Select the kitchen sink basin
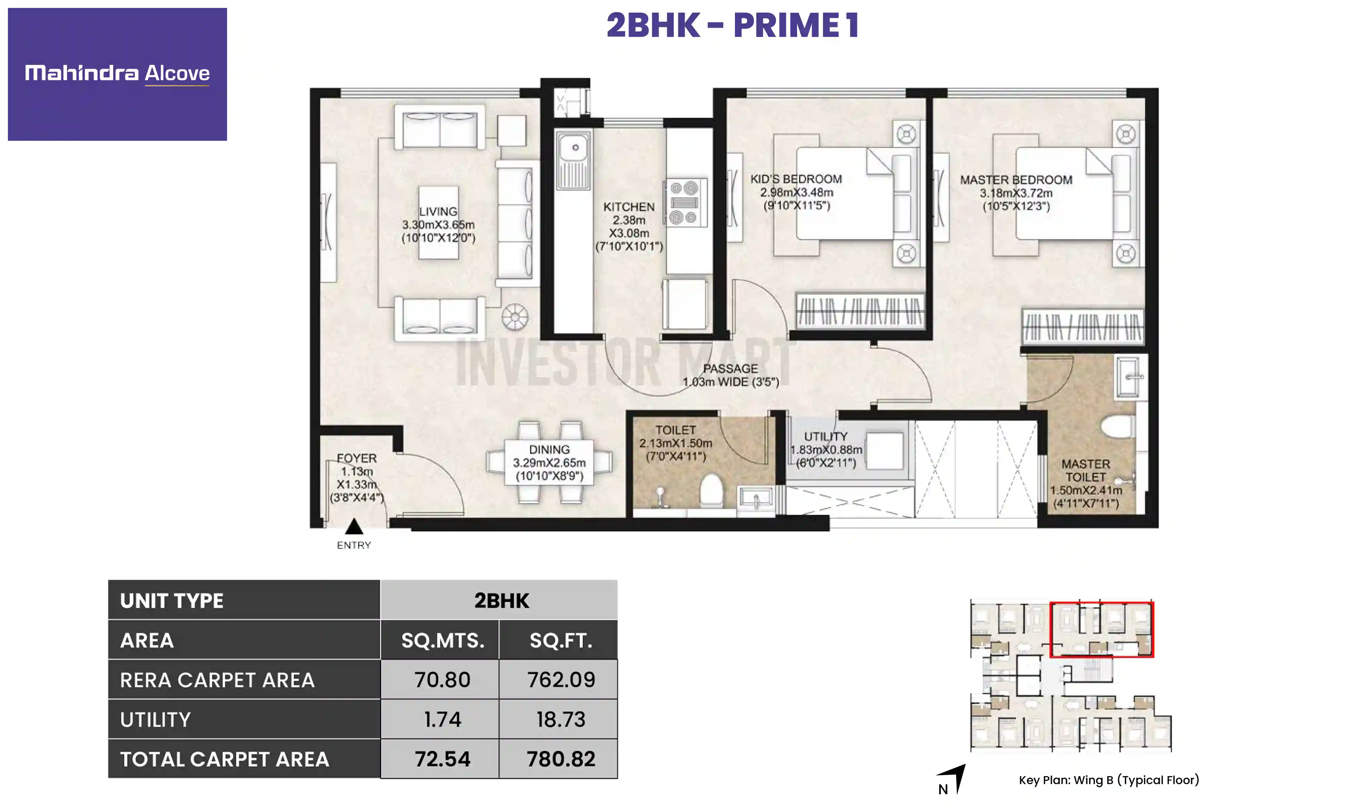574,148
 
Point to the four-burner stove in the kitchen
685,203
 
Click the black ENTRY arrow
354,526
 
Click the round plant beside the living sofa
514,317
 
